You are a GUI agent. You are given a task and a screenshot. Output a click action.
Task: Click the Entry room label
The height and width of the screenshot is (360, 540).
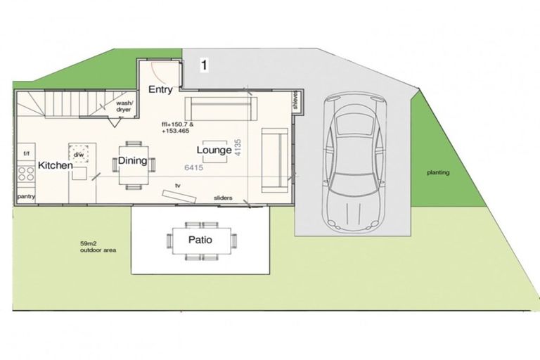pyautogui.click(x=160, y=89)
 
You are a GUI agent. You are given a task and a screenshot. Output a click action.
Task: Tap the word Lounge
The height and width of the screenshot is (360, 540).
pyautogui.click(x=214, y=150)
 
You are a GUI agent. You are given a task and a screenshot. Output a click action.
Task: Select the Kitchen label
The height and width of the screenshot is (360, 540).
pyautogui.click(x=56, y=165)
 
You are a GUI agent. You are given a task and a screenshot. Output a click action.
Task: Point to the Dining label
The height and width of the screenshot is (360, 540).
pyautogui.click(x=132, y=161)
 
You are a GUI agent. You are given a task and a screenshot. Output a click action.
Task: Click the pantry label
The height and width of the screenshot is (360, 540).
pyautogui.click(x=26, y=197)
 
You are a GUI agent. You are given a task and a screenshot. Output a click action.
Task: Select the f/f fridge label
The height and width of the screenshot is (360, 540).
pyautogui.click(x=27, y=153)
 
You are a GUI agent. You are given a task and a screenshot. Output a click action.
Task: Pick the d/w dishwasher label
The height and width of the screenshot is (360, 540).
pyautogui.click(x=79, y=153)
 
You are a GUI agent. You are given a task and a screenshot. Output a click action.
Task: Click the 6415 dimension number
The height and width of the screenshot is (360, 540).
pyautogui.click(x=194, y=168)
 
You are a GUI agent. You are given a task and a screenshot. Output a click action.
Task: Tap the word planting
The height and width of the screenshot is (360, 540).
pyautogui.click(x=438, y=172)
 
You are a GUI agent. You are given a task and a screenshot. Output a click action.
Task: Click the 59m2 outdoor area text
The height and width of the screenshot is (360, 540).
pyautogui.click(x=98, y=246)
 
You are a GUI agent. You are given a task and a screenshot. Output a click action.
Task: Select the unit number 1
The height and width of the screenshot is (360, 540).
pyautogui.click(x=204, y=65)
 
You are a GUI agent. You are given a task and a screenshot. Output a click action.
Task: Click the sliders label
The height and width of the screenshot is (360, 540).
pyautogui.click(x=223, y=198)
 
